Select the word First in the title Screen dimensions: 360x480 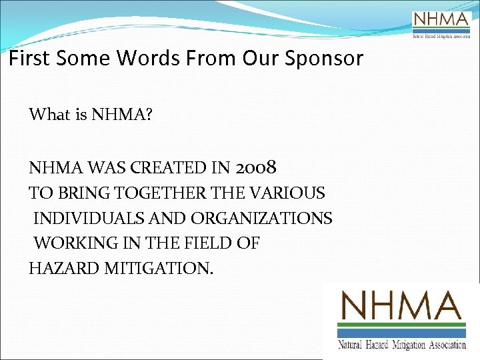29,58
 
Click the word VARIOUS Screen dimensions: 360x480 290,193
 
